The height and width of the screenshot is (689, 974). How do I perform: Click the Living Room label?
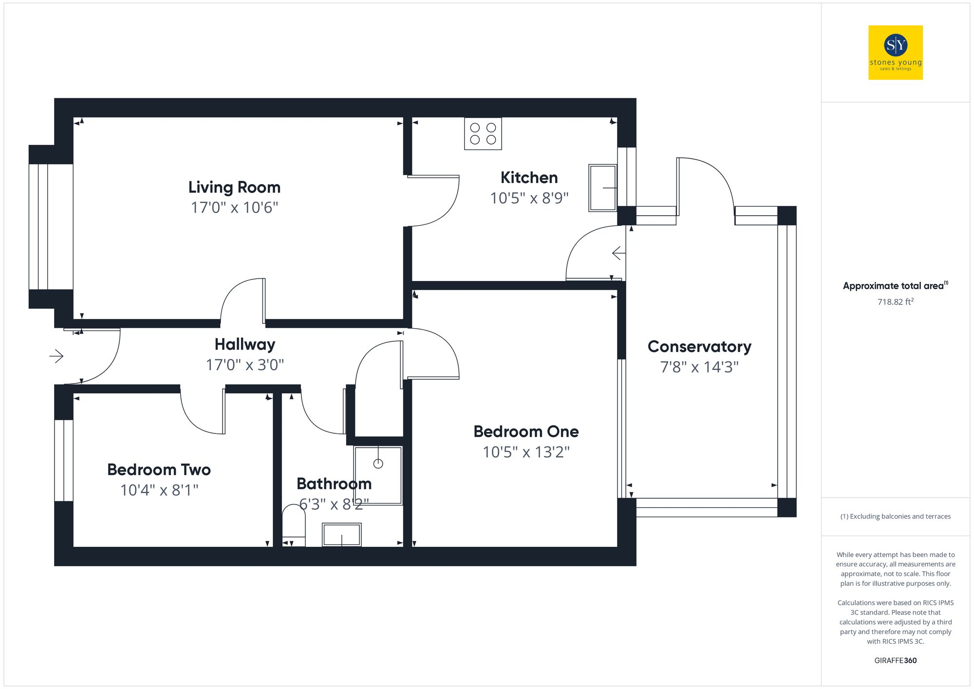pos(234,187)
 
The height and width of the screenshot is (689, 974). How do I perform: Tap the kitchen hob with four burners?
pos(483,133)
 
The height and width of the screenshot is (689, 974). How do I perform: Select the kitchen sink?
pos(602,187)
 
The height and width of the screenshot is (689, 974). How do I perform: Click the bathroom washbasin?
pos(341,535)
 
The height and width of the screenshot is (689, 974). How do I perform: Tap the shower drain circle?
pos(378,464)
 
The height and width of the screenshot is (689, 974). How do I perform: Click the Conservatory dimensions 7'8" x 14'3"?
pos(699,367)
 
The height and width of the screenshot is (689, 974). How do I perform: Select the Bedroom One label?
pos(526,431)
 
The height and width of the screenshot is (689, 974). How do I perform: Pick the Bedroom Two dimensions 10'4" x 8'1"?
pos(159,490)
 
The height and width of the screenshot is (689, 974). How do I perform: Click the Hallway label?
pos(245,344)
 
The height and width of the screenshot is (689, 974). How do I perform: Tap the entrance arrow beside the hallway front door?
pos(56,356)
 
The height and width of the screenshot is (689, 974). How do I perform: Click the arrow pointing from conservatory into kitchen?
pos(618,253)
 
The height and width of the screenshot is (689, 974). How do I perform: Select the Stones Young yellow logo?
pos(895,53)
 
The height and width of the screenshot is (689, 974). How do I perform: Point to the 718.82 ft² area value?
pos(895,302)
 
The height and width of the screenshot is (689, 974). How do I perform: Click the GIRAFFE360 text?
pos(895,661)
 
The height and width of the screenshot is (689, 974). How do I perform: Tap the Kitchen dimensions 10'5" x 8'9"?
pos(529,198)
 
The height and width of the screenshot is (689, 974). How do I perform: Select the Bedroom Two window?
pos(63,460)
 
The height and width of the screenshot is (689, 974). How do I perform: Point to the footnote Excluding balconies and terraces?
pos(895,516)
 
